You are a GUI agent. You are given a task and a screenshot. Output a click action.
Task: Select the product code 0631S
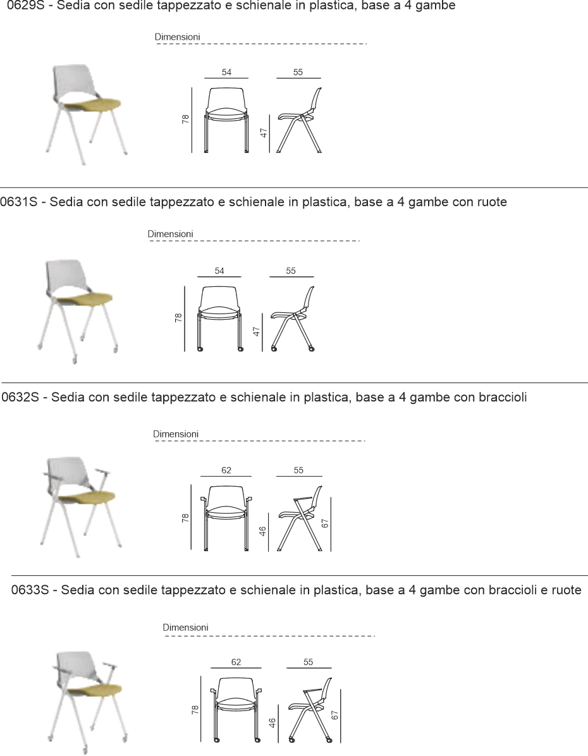pos(19,202)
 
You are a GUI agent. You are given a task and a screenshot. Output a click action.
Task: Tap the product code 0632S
pos(20,398)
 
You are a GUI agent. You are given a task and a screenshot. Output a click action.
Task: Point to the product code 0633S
pos(30,590)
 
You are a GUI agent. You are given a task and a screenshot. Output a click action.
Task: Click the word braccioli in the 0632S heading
pos(503,398)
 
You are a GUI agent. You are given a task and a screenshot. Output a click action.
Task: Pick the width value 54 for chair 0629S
pos(226,72)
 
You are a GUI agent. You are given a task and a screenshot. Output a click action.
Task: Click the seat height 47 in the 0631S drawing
pos(257,332)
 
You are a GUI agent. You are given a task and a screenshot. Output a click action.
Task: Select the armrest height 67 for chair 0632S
pos(324,523)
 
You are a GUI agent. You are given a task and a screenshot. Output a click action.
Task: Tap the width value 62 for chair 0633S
pos(236,662)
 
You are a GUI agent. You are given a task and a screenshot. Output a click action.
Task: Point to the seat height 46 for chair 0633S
pos(272,723)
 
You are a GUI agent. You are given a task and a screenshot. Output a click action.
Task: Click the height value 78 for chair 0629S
pos(186,119)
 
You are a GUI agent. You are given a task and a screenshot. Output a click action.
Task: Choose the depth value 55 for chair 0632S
pos(298,470)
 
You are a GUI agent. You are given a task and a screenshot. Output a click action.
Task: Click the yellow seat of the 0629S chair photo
pos(92,104)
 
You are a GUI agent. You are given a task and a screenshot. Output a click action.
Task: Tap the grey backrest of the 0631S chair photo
pos(64,275)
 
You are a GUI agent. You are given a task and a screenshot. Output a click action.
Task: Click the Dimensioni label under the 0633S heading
pos(185,627)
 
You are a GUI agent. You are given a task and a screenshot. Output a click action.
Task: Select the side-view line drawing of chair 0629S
pos(299,121)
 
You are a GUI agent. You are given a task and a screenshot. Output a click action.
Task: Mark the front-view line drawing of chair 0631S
pos(219,319)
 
